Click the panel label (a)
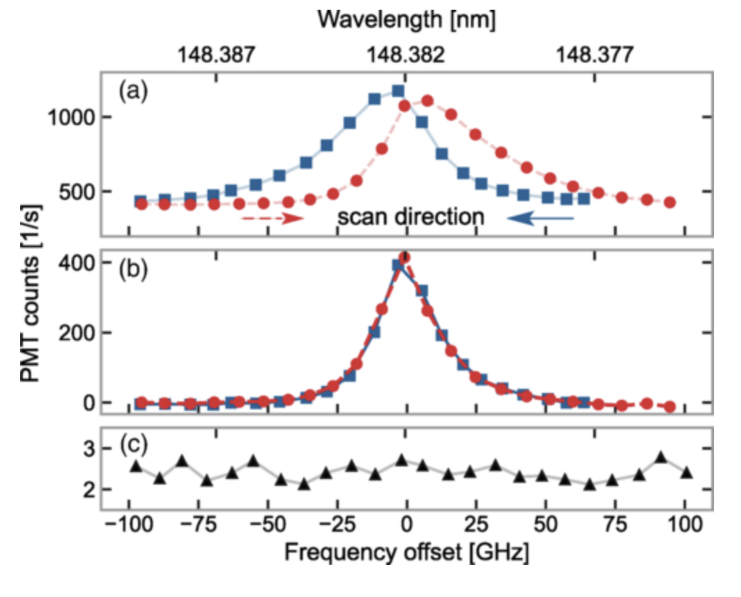click(x=133, y=91)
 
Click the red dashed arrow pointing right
click(x=273, y=218)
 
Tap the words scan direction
click(x=410, y=217)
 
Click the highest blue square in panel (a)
click(x=398, y=91)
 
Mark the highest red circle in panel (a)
click(x=427, y=101)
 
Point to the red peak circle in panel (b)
click(x=404, y=258)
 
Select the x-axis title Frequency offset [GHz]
click(x=407, y=553)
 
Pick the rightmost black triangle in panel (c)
click(x=687, y=473)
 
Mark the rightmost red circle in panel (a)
click(x=670, y=202)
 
